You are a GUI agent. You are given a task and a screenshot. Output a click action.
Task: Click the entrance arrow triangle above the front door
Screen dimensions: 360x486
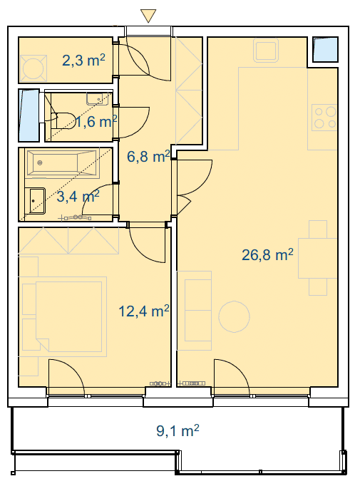point(148,15)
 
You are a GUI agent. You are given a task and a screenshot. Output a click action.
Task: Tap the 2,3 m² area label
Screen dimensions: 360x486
point(83,60)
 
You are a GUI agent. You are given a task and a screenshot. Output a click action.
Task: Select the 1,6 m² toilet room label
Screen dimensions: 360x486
point(96,121)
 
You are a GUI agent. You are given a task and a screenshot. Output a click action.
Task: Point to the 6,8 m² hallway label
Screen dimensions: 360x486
point(148,156)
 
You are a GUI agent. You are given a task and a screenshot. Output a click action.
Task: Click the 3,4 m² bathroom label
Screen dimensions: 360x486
point(78,196)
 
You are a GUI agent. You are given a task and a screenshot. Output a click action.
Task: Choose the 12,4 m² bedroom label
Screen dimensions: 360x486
point(144,311)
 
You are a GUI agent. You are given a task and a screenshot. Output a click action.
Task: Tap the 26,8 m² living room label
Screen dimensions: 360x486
point(267,255)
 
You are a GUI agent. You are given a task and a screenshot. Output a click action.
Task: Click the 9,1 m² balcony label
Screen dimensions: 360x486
point(178,431)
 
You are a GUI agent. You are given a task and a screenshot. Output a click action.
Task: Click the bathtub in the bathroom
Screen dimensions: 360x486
point(63,164)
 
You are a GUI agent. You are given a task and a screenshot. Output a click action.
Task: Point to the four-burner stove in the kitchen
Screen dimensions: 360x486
point(324,118)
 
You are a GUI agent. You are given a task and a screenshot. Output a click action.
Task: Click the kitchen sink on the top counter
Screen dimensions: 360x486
point(266,50)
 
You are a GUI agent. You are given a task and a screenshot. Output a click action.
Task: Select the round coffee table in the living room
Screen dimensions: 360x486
point(234,316)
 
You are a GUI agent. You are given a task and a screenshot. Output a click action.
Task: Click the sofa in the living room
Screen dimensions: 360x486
point(195,311)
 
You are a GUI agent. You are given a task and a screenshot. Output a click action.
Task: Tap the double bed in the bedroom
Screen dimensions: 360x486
point(69,316)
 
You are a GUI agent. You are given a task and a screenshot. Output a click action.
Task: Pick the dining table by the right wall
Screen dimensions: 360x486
point(318,258)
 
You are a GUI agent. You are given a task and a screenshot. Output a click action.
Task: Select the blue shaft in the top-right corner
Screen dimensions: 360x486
point(325,50)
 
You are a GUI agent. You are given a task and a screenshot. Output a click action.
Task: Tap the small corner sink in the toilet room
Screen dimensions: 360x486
point(98,98)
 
